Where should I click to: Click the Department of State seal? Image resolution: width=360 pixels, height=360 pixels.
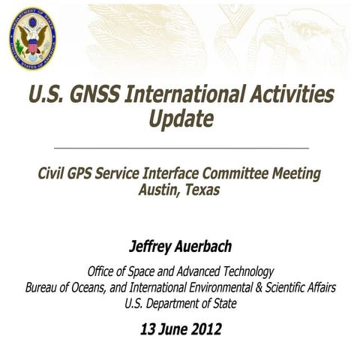[32, 39]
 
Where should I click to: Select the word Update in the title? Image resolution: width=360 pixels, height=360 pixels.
[181, 118]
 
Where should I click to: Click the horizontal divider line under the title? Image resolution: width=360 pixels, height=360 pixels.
[180, 148]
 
